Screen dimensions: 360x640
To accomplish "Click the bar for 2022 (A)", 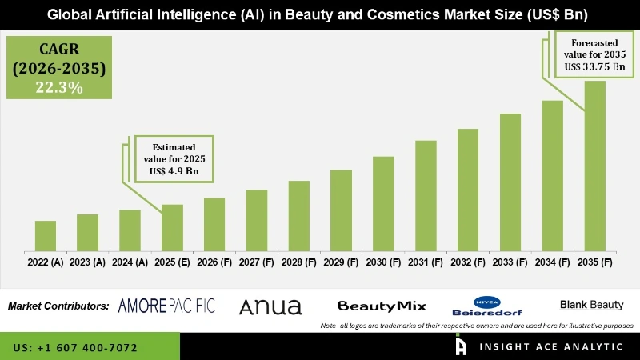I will [46, 235].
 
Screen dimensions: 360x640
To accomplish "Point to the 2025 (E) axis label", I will [172, 262].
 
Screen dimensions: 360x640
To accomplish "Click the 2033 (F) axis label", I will [510, 262].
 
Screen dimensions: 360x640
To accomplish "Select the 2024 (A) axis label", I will [130, 262].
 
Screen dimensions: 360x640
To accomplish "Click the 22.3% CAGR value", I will [59, 89].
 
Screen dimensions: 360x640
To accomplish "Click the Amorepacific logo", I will [166, 306].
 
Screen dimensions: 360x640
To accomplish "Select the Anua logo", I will [270, 306].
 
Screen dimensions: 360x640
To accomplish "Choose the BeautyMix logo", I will [382, 306].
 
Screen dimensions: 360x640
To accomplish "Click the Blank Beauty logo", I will [590, 305].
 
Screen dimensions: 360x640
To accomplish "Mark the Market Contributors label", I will [58, 306].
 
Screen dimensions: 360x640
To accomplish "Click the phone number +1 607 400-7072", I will [75, 348].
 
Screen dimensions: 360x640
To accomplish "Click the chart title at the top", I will [320, 14].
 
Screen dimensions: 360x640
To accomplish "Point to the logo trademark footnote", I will [477, 326].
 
